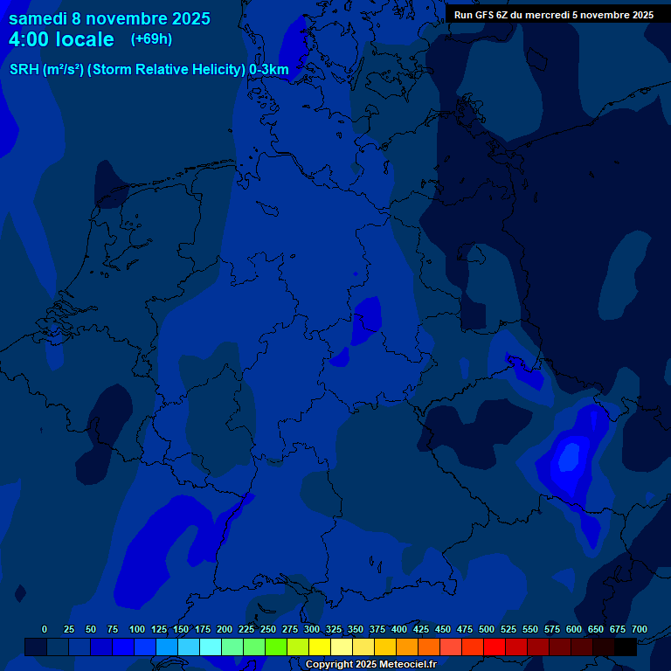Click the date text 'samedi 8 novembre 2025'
(109, 18)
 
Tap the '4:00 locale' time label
(61, 39)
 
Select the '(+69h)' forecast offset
(151, 39)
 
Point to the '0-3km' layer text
(268, 70)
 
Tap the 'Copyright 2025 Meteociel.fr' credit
(371, 664)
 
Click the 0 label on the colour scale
(45, 629)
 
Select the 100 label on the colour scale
(136, 629)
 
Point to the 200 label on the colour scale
(224, 629)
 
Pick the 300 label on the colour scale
(311, 629)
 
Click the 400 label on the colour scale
(399, 629)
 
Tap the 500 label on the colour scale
(487, 629)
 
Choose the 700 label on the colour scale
(640, 629)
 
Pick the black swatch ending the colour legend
(626, 647)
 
